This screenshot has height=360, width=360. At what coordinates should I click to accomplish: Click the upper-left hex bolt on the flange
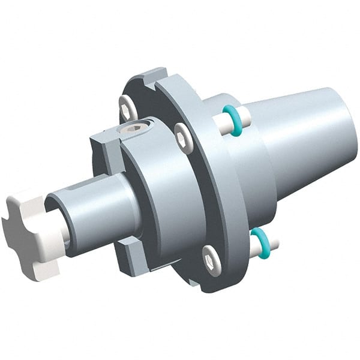click(127, 107)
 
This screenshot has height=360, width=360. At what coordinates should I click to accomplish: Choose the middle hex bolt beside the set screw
click(182, 139)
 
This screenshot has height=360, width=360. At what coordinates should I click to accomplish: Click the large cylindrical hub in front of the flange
click(162, 192)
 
